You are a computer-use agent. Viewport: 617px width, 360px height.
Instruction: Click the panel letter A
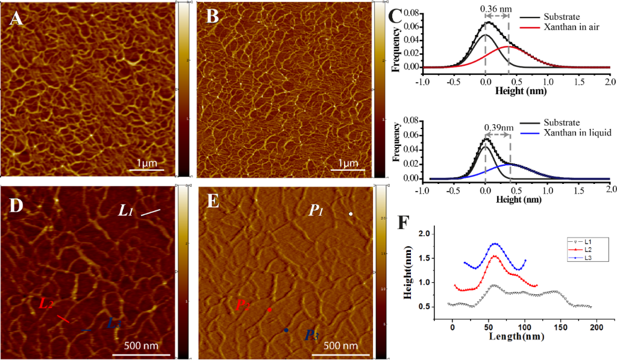[17, 19]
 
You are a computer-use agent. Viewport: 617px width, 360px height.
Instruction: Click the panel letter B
[213, 17]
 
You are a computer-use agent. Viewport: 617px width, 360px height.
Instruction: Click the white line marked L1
[151, 212]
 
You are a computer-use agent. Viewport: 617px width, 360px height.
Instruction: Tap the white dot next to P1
[351, 214]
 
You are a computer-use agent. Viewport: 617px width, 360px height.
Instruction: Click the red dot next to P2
[269, 310]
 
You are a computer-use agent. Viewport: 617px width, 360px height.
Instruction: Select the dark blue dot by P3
[286, 330]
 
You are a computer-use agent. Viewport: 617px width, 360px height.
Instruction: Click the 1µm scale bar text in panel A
[147, 163]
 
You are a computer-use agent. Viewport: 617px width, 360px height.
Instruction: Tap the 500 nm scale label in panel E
[341, 347]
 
